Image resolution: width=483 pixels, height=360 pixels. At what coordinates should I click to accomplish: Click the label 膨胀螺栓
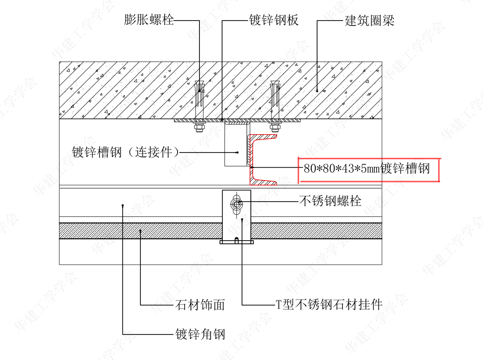click(149, 20)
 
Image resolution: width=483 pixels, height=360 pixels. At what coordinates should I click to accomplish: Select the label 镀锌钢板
click(273, 20)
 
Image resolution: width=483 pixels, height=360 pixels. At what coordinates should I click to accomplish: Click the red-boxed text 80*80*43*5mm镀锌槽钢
click(367, 169)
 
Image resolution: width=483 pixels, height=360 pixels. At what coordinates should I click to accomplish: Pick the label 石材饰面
click(199, 305)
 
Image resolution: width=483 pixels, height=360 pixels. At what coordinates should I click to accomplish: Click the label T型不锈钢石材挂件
click(329, 305)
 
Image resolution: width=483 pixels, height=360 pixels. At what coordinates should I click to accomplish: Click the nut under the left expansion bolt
click(199, 128)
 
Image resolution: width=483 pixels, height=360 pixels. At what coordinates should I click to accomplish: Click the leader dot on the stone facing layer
click(140, 231)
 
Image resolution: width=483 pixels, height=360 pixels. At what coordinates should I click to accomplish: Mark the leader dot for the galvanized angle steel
click(122, 205)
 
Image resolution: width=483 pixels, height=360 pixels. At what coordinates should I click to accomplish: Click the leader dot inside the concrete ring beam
click(317, 90)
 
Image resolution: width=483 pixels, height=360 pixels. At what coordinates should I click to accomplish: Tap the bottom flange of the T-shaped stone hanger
click(237, 242)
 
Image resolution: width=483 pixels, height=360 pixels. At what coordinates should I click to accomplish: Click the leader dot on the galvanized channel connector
click(238, 152)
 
